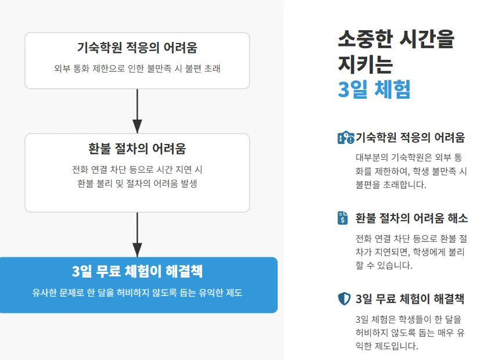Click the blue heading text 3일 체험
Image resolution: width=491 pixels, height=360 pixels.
tap(374, 89)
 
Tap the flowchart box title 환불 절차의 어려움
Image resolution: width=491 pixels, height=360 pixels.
tap(137, 149)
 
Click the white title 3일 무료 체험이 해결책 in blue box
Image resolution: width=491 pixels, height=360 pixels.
tap(138, 272)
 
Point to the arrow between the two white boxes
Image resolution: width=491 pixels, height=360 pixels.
tap(137, 111)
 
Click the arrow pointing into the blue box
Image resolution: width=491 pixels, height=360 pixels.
tap(137, 235)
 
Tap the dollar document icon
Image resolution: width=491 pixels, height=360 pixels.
tap(343, 218)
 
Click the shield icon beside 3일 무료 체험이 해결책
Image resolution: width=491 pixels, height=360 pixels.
tap(344, 299)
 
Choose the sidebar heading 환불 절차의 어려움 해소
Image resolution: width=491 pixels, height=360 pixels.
tap(411, 218)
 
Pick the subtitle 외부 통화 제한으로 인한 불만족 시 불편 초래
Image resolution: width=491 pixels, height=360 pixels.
tap(137, 69)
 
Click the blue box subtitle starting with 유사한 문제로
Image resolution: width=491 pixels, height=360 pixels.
tap(137, 293)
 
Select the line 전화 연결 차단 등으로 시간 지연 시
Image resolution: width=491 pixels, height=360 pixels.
tap(137, 170)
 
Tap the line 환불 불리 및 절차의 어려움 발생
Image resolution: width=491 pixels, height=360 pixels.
tap(137, 184)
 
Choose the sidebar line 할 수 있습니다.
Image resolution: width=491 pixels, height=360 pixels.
tap(384, 265)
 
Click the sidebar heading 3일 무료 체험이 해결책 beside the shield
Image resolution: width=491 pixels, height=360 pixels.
tap(410, 299)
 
